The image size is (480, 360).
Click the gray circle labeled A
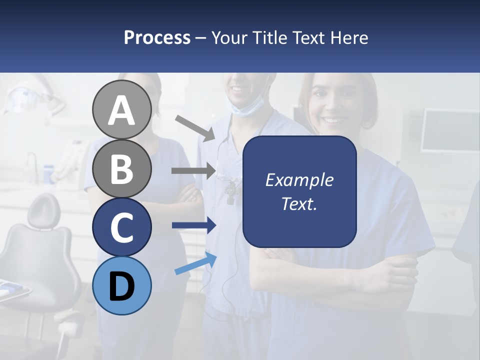coord(121,109)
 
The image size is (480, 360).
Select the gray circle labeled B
coord(121,168)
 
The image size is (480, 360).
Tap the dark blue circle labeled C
coord(121,226)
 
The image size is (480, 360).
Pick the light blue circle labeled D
coord(121,285)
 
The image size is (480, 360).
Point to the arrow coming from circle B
coord(193,171)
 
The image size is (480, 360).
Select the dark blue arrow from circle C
coord(193,225)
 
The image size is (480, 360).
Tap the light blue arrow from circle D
coord(195,264)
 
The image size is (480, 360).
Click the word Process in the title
coord(157,37)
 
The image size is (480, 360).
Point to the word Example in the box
coord(299,180)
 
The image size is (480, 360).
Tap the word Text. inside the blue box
coord(299,203)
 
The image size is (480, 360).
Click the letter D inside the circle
coord(121,286)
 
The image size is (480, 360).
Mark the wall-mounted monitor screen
coord(449,130)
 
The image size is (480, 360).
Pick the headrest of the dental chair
coord(43,209)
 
